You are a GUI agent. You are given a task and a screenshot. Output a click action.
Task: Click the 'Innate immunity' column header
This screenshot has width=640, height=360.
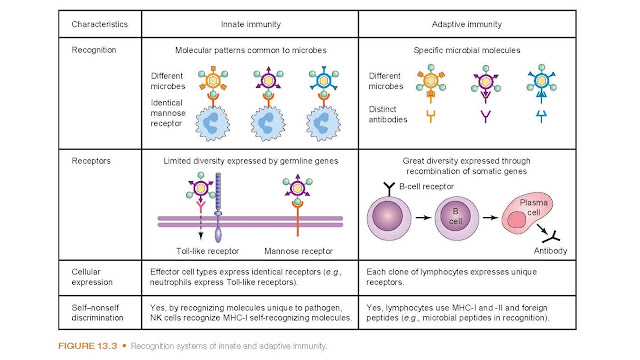click(x=251, y=24)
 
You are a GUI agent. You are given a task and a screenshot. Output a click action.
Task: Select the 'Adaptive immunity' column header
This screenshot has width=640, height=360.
click(x=467, y=24)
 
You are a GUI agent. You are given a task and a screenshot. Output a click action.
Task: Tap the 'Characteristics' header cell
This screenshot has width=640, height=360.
click(x=100, y=24)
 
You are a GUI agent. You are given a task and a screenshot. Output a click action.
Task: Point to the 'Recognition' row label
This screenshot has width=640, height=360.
click(x=94, y=50)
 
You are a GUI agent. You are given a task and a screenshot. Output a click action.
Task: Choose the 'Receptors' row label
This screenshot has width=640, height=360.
click(x=91, y=161)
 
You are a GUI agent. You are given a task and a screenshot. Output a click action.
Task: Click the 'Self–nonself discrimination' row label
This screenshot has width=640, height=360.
click(x=97, y=313)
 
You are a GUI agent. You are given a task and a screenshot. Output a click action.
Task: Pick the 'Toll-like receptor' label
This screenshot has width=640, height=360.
click(x=207, y=251)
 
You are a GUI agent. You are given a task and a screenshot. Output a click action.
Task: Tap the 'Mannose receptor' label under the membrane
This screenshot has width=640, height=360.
click(x=298, y=251)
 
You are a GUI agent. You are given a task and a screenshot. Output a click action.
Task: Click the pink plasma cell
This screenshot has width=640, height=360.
click(x=526, y=214)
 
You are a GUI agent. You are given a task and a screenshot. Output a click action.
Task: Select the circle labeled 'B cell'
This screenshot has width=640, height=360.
click(x=456, y=217)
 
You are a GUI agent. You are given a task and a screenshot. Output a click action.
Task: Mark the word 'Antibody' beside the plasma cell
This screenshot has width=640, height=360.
click(x=550, y=251)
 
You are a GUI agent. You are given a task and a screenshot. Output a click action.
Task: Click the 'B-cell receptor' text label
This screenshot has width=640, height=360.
click(x=426, y=187)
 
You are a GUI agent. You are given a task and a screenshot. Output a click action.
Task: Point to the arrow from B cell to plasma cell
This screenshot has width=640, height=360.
click(x=490, y=218)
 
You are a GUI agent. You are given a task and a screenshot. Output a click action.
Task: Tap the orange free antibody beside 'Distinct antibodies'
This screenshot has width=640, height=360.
click(x=430, y=116)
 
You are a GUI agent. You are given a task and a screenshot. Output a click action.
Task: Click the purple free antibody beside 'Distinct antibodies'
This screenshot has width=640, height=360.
click(x=485, y=116)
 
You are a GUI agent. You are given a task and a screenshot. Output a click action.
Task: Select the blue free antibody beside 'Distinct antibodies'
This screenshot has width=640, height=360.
click(x=541, y=117)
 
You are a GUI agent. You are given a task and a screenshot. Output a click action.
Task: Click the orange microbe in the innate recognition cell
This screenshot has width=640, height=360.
click(x=213, y=81)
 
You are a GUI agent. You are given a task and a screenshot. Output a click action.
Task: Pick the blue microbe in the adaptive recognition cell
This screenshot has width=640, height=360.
click(x=541, y=81)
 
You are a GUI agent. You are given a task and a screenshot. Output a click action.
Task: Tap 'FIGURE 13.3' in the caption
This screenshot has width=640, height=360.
click(x=87, y=346)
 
